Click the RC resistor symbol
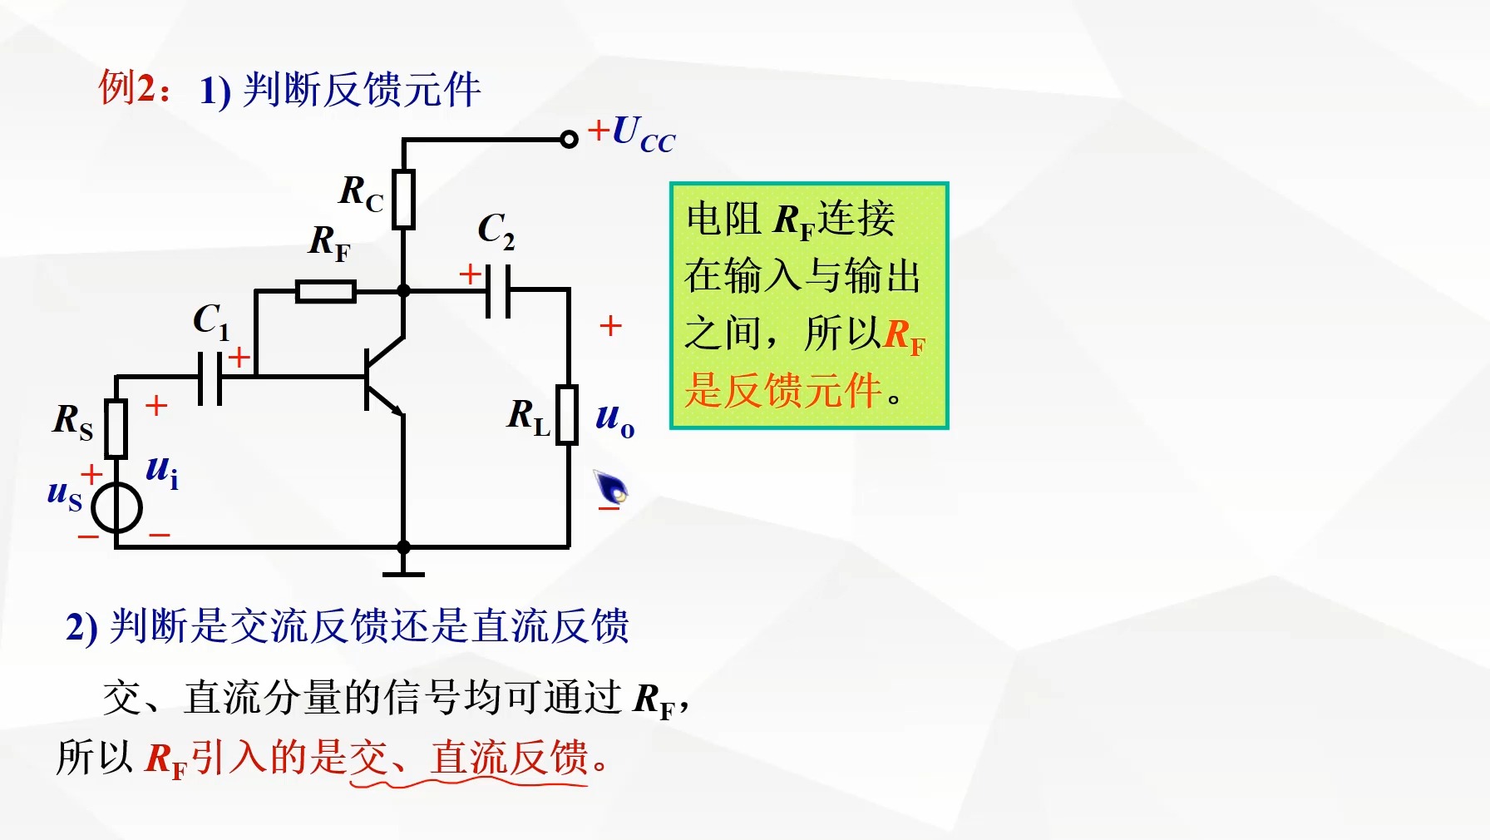coord(404,199)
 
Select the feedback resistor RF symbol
coord(326,291)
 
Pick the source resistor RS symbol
coord(116,428)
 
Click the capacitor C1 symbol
coord(210,378)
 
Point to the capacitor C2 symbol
coord(498,290)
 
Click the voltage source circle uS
coord(116,507)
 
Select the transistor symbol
coord(384,378)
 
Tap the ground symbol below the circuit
coord(403,573)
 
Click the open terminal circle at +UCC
coord(569,139)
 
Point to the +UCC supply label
coord(632,134)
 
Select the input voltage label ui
coord(162,472)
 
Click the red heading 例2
coord(133,87)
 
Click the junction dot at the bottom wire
coord(403,547)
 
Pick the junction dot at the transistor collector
coord(403,291)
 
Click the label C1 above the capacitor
coord(210,320)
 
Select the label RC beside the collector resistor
coord(361,193)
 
